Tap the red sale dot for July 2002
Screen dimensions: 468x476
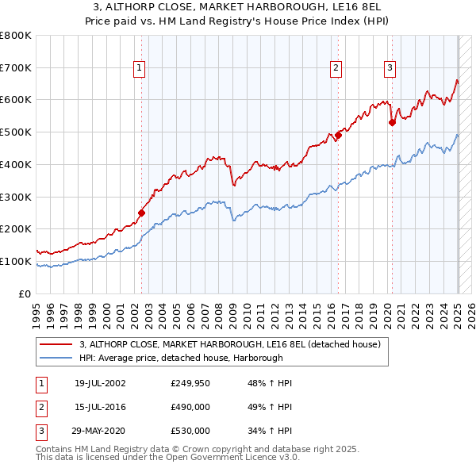142,213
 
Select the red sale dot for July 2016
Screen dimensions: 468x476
338,135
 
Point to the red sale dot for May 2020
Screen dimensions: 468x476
392,122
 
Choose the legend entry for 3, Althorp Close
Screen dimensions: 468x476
230,344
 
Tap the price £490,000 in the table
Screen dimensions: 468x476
190,408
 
